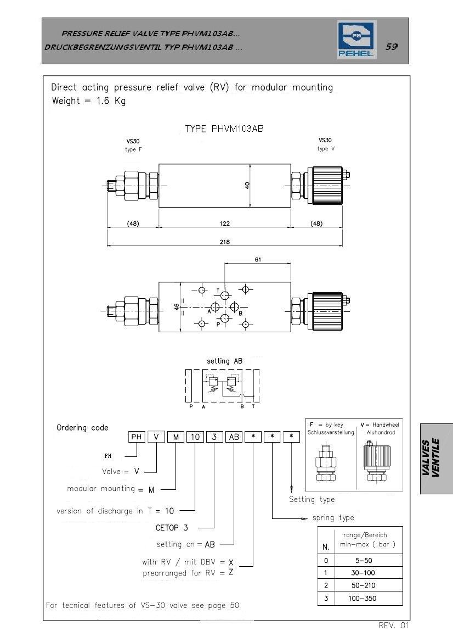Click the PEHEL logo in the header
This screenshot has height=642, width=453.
point(356,40)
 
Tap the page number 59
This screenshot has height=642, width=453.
point(391,46)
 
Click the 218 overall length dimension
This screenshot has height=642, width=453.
point(224,242)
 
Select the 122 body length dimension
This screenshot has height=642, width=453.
point(224,224)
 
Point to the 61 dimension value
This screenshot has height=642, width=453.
point(258,260)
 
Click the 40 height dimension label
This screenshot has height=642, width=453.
point(247,186)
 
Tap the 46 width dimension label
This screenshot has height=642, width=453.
point(177,306)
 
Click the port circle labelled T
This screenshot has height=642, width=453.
point(224,295)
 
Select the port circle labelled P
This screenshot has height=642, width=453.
point(224,319)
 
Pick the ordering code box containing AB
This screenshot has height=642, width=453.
point(234,437)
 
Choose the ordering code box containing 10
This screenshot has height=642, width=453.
point(195,437)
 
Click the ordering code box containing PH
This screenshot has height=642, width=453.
point(136,437)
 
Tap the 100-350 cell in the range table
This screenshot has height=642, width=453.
point(362,599)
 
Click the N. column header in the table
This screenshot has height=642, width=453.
point(326,547)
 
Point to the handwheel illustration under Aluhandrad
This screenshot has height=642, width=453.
point(377,461)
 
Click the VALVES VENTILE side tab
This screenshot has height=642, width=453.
point(436,459)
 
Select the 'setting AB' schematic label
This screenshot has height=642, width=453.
point(224,361)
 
